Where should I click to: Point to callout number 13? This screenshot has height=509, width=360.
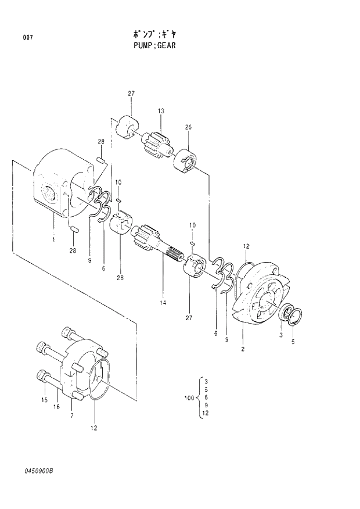[161, 110]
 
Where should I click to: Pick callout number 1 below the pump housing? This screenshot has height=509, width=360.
[53, 239]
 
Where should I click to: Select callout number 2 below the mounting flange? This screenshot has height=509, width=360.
[242, 349]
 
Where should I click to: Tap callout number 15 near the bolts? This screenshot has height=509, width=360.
[44, 400]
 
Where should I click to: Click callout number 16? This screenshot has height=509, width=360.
[57, 407]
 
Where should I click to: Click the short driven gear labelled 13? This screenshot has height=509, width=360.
[156, 143]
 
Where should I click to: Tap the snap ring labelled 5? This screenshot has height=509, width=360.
[295, 316]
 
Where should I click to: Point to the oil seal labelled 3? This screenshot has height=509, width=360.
[286, 314]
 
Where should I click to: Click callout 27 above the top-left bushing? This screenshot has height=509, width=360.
[131, 94]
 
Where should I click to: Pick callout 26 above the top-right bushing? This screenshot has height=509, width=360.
[188, 127]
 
